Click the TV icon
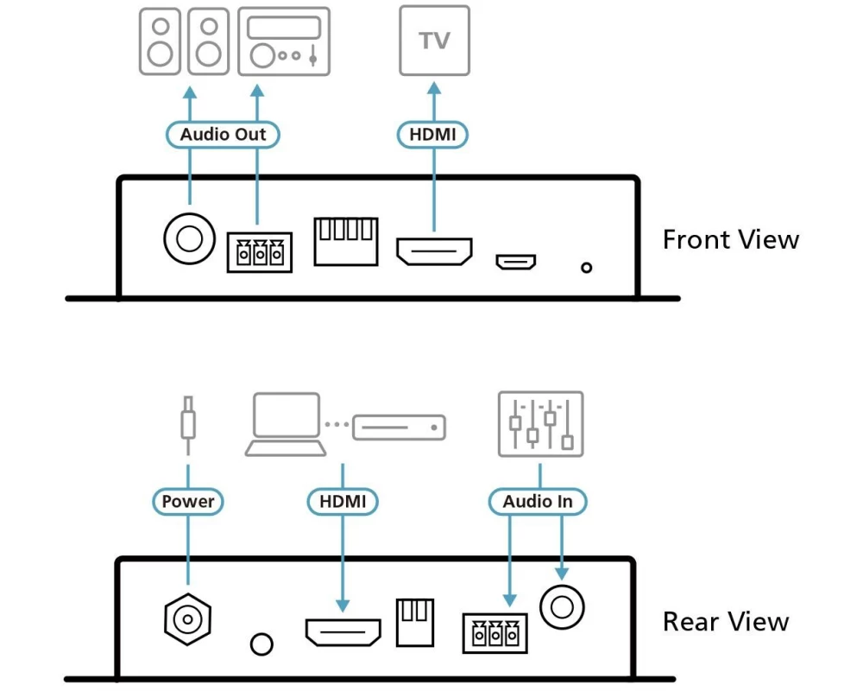pyautogui.click(x=434, y=41)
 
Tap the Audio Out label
pyautogui.click(x=223, y=134)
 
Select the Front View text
pyautogui.click(x=730, y=239)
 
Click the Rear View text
pyautogui.click(x=725, y=621)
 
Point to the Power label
pyautogui.click(x=188, y=501)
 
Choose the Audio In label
pyautogui.click(x=538, y=501)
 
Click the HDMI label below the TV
pyautogui.click(x=432, y=134)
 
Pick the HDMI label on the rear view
pyautogui.click(x=343, y=501)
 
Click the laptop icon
pyautogui.click(x=286, y=424)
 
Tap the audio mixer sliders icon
pyautogui.click(x=541, y=423)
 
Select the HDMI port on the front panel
pyautogui.click(x=434, y=250)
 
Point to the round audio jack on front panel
pyautogui.click(x=188, y=237)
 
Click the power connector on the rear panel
pyautogui.click(x=187, y=618)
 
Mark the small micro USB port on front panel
pyautogui.click(x=515, y=260)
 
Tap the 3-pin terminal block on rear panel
pyautogui.click(x=496, y=634)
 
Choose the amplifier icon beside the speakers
pyautogui.click(x=283, y=40)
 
